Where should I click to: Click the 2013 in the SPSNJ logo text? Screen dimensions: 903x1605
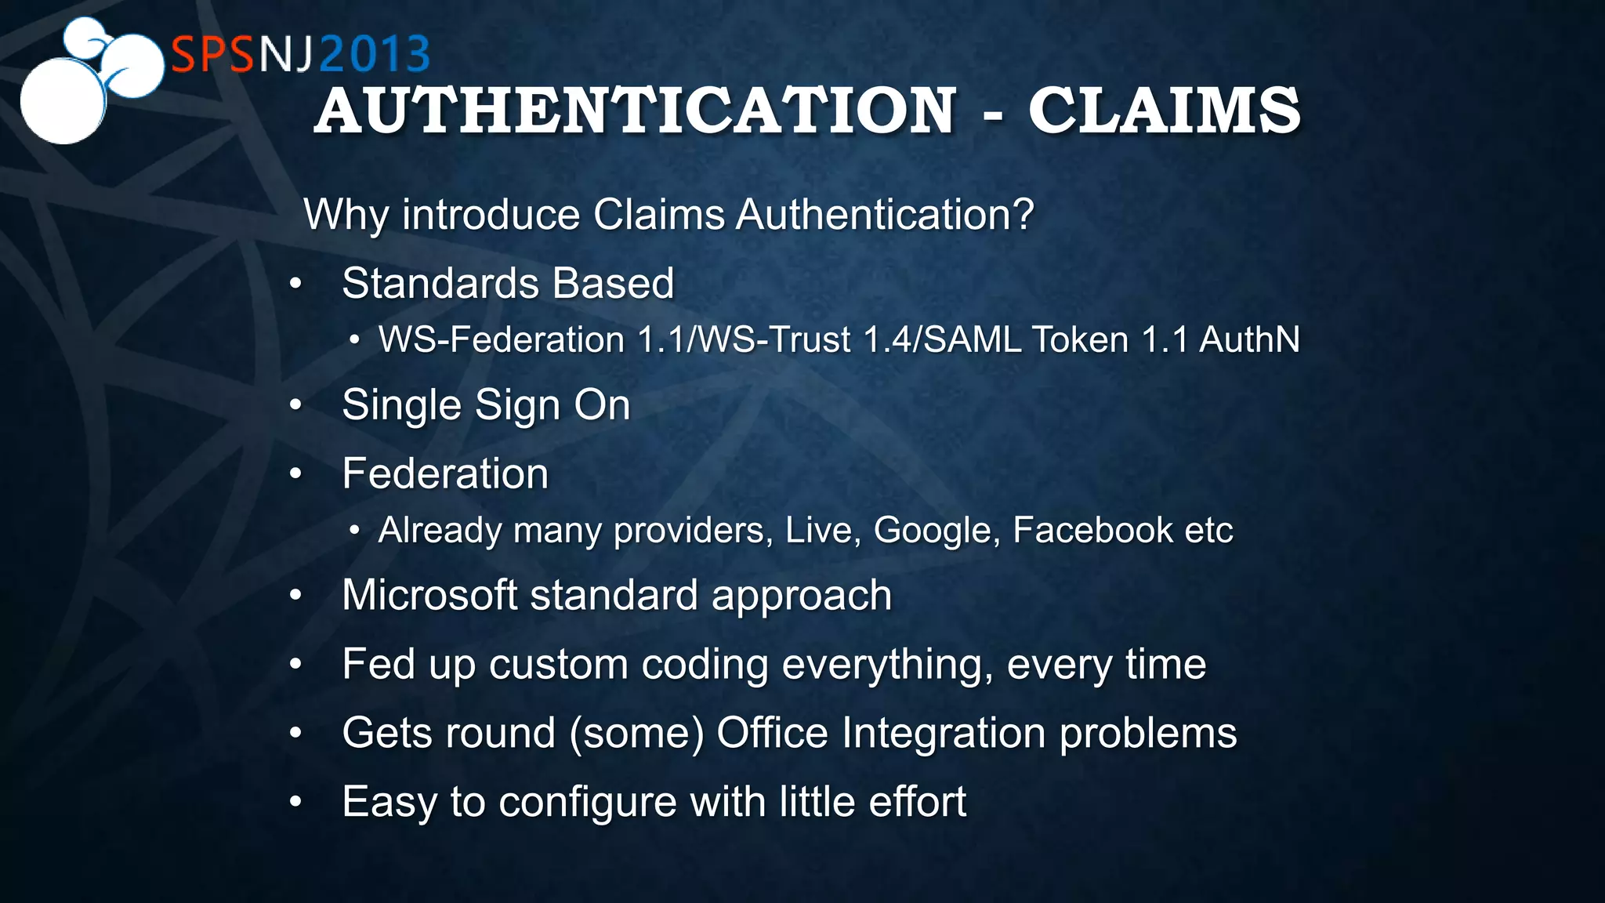tap(375, 55)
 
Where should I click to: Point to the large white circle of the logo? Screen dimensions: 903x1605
tap(62, 102)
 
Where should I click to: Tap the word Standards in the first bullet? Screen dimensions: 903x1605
tap(442, 283)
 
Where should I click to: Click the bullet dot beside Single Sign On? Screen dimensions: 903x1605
tap(295, 405)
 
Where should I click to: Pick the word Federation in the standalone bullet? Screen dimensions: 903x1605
tap(445, 474)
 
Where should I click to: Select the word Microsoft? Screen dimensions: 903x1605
tap(429, 595)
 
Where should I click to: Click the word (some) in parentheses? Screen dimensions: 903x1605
tap(636, 734)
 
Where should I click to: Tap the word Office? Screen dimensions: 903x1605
tap(772, 734)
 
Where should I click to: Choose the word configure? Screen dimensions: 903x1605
tap(587, 803)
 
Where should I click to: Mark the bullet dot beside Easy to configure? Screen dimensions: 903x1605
tap(295, 802)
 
